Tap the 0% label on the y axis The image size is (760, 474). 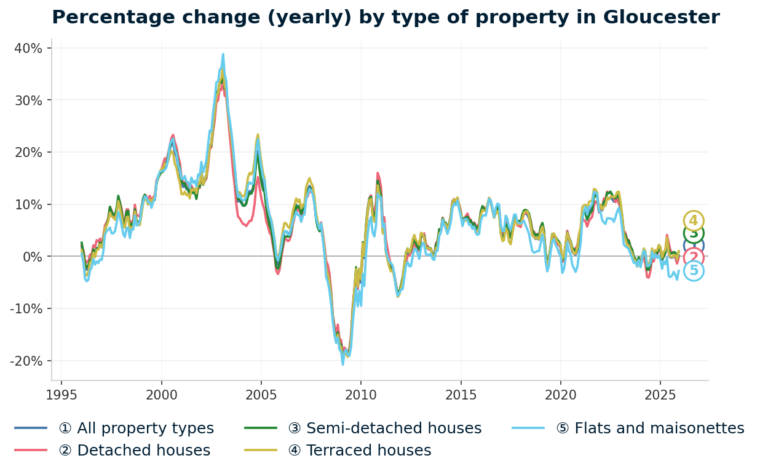click(x=33, y=256)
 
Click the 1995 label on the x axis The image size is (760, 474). click(x=61, y=395)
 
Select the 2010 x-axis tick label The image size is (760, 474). click(x=361, y=395)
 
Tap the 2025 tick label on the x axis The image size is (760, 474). click(x=660, y=395)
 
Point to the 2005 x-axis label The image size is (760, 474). click(x=261, y=395)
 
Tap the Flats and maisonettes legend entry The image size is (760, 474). click(x=650, y=428)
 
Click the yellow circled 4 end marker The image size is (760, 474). click(x=694, y=221)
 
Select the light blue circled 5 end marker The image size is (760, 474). click(x=694, y=271)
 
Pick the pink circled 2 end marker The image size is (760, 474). click(x=694, y=258)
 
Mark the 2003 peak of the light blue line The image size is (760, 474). click(x=223, y=54)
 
